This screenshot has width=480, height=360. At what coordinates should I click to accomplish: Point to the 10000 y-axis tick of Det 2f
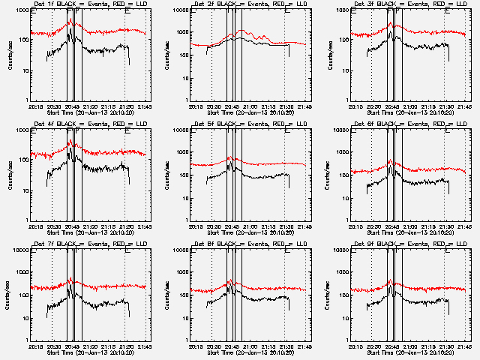[x=181, y=10]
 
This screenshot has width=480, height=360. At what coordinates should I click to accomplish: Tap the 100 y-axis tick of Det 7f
[x=25, y=295]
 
